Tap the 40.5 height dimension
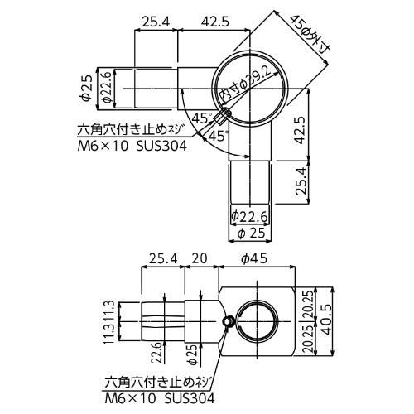327,321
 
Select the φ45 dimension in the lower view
254,259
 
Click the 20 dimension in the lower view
200,258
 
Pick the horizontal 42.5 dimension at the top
215,22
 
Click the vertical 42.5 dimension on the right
300,130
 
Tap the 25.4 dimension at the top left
156,22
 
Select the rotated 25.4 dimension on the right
301,181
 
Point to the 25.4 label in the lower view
163,259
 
